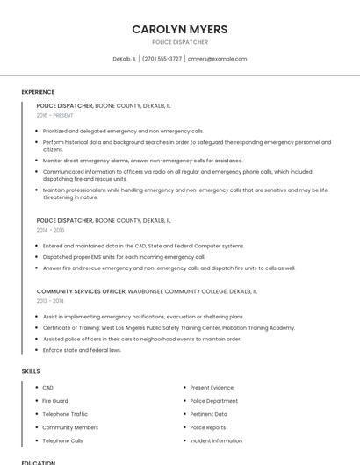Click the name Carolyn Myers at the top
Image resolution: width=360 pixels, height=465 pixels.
[x=179, y=29]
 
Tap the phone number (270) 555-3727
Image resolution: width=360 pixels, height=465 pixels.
[x=162, y=59]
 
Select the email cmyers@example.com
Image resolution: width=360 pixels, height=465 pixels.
[x=218, y=59]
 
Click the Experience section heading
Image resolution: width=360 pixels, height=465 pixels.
[x=38, y=92]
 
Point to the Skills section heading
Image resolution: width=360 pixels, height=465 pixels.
[x=31, y=371]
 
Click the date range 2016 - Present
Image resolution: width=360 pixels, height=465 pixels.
[x=54, y=115]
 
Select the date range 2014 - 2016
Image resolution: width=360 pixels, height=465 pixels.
[x=52, y=230]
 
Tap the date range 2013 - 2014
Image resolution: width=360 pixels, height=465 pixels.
[x=52, y=300]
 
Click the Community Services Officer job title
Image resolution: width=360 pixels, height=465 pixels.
[x=81, y=290]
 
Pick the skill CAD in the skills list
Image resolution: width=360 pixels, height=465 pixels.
[x=48, y=387]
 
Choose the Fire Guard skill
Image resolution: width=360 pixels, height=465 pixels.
[x=54, y=401]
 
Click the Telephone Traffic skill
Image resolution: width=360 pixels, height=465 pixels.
[x=65, y=414]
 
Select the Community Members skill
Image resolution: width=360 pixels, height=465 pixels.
[x=70, y=427]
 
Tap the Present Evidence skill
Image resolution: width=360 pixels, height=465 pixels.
[x=212, y=387]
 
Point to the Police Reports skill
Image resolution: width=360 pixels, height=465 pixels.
[x=208, y=427]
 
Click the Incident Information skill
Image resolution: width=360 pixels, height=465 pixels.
[x=216, y=440]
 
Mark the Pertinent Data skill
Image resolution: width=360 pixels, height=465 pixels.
[x=208, y=414]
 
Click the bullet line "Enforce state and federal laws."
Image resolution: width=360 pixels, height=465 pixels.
[x=82, y=350]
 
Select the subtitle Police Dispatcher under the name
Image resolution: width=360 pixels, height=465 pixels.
[x=179, y=42]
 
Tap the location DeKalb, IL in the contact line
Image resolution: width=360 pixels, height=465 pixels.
[x=124, y=59]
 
